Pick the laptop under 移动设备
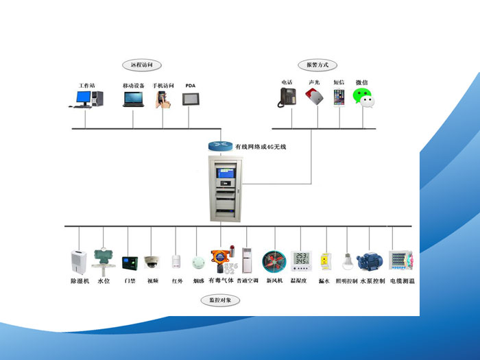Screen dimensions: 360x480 coord(134,99)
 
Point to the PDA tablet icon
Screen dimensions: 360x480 coord(190,99)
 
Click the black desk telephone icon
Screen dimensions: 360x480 coord(287,98)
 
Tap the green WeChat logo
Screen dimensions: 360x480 coord(363,97)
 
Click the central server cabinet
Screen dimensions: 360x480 coord(224,189)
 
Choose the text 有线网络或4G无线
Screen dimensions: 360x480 coord(260,146)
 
